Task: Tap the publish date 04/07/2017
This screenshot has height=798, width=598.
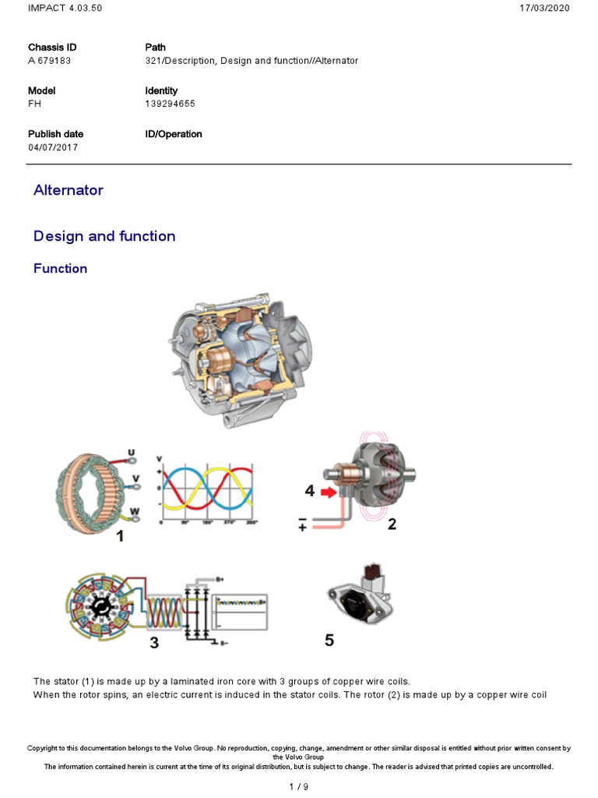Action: click(x=53, y=147)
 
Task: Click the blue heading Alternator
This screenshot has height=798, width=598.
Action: click(x=69, y=190)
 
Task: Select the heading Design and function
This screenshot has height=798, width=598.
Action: click(x=104, y=236)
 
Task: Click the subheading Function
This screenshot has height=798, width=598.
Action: click(x=61, y=269)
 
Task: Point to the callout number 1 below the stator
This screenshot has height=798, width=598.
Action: click(x=119, y=537)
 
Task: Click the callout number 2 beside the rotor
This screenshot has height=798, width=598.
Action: click(x=392, y=525)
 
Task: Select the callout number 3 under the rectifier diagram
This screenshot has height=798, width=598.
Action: click(x=154, y=643)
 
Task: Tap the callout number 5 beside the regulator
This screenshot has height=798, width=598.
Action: click(x=329, y=641)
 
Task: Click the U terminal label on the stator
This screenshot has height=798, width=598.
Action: click(x=132, y=454)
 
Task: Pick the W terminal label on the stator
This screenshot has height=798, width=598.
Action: click(x=135, y=511)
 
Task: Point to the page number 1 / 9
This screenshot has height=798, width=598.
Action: click(x=299, y=786)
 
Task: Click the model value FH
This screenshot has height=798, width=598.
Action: click(x=34, y=104)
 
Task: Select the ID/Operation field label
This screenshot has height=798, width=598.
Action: click(x=174, y=134)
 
